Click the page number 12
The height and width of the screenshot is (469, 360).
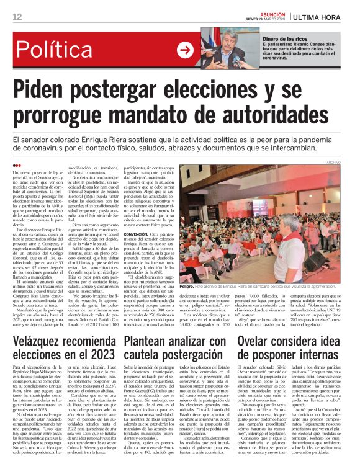point(17,16)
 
